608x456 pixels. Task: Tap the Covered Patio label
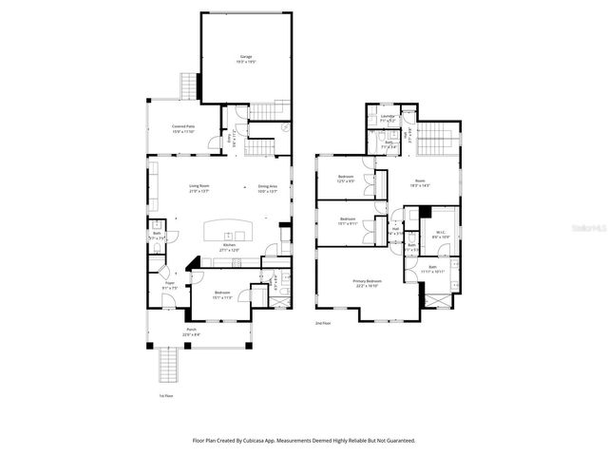[x=183, y=127]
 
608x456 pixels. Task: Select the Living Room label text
[x=199, y=187]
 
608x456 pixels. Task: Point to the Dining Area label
[x=267, y=187]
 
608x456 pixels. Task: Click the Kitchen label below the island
[x=229, y=246]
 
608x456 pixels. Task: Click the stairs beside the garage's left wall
[x=188, y=87]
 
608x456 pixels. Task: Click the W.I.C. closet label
[x=440, y=233]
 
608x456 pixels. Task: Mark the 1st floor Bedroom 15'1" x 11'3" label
[x=221, y=294]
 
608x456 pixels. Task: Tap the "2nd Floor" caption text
[x=324, y=324]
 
